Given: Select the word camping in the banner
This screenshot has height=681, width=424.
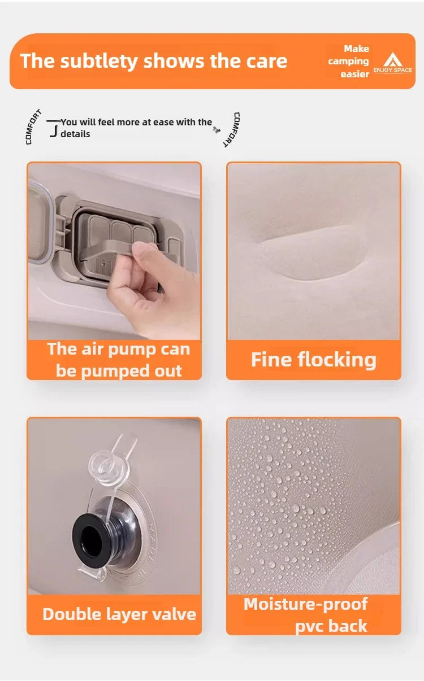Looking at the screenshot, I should tap(348, 61).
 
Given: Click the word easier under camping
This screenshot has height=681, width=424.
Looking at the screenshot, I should tap(354, 74).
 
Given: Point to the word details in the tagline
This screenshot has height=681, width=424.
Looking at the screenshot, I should tap(75, 134).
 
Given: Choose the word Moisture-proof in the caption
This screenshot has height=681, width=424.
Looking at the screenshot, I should tap(305, 604).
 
